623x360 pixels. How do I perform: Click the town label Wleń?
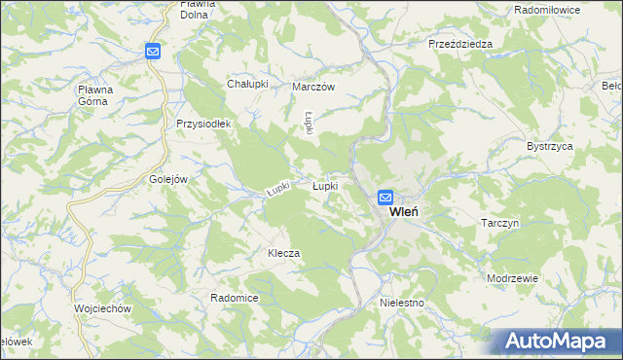(x=404, y=212)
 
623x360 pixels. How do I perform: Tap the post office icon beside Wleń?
(x=385, y=198)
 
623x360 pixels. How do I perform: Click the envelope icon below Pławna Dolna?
(x=154, y=52)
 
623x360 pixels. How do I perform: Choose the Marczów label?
(x=313, y=87)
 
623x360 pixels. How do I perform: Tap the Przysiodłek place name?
(x=202, y=124)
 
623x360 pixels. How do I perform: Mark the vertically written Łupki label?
(x=308, y=124)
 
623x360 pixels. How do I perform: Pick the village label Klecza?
(x=284, y=253)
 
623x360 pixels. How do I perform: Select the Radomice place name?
(x=234, y=298)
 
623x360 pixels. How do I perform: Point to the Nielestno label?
(x=403, y=304)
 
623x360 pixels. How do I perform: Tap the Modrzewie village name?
(x=513, y=277)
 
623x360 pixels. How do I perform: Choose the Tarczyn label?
(x=502, y=223)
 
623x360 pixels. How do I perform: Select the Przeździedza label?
(x=460, y=44)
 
